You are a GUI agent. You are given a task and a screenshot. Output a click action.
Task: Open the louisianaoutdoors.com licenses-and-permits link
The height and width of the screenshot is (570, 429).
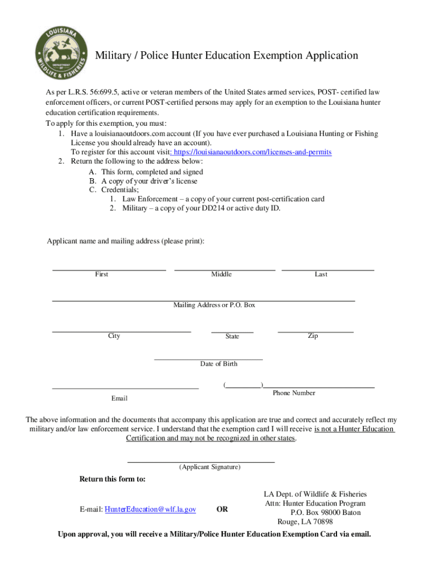coord(252,152)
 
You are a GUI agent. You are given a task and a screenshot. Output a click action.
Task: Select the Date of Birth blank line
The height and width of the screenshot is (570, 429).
coord(208,357)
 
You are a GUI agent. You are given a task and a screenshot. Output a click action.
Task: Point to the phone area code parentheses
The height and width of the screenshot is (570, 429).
coord(243,385)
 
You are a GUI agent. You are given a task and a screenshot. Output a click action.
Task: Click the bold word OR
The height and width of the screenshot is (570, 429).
coord(222,509)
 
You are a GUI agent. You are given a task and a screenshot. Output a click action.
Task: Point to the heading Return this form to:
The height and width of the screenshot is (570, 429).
coord(113,479)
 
